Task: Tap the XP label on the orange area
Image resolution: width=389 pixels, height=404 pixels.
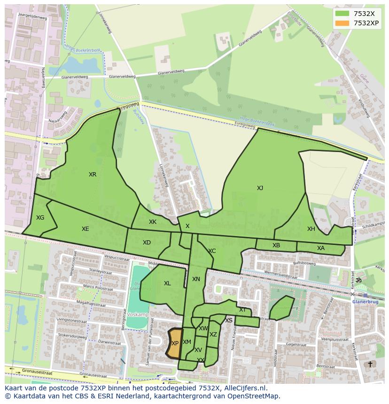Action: point(175,343)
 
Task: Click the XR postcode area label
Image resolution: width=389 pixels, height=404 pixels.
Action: point(93,175)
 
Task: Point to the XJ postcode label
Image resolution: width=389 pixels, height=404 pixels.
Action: point(260,188)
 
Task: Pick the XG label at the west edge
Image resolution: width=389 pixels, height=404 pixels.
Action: point(40,218)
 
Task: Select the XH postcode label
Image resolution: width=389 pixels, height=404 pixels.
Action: point(311,229)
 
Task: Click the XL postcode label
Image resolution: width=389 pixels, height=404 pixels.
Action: point(167,283)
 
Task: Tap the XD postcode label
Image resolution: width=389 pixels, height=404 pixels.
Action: point(147,243)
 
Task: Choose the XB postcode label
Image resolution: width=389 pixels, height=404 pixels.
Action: point(276,245)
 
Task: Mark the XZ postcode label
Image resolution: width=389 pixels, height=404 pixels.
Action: point(213,335)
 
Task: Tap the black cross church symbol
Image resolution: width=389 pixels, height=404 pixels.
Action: point(370,364)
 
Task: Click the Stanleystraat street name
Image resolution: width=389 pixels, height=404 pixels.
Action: point(89,271)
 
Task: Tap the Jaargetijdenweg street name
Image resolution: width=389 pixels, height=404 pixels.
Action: point(33,15)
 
